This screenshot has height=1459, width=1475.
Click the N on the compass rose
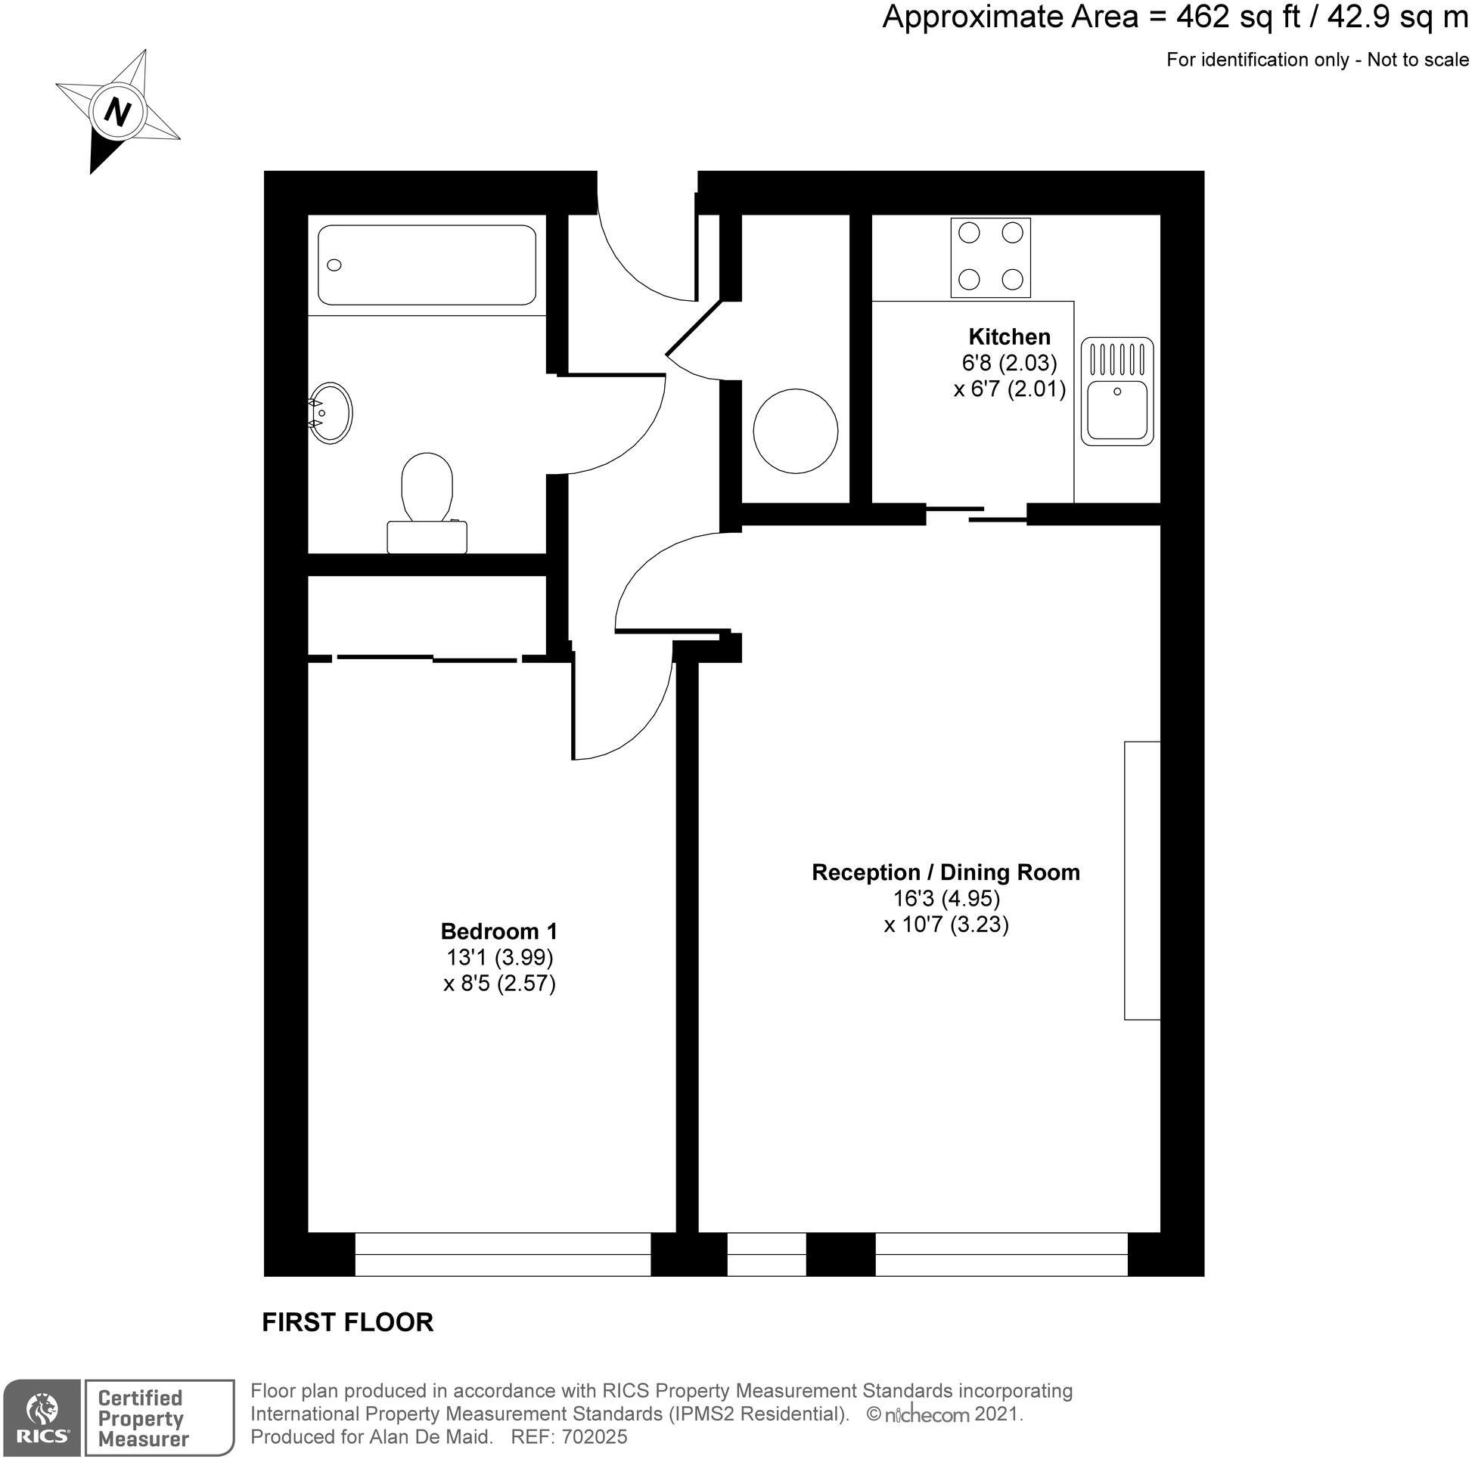[x=116, y=113]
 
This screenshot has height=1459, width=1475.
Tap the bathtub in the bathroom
[x=427, y=265]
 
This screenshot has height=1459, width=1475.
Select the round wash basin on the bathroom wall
[x=331, y=412]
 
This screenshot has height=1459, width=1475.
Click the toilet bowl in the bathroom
[x=427, y=488]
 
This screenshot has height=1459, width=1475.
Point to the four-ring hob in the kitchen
[x=990, y=257]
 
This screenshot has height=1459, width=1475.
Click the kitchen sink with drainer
[x=1117, y=392]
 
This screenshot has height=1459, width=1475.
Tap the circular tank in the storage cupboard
[x=796, y=431]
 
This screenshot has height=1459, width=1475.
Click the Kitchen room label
[x=1009, y=336]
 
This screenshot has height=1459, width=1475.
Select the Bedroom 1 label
[x=498, y=931]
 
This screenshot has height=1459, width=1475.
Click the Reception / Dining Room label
[x=946, y=872]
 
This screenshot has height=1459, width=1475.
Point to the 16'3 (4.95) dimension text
[x=947, y=898]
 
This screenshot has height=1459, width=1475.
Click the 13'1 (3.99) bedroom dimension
[x=499, y=957]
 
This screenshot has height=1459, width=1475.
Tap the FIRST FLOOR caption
[x=347, y=1322]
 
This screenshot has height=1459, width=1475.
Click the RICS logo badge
[x=42, y=1417]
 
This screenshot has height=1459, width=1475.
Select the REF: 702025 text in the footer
[x=569, y=1437]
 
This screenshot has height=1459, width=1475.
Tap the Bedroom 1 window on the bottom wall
[x=502, y=1253]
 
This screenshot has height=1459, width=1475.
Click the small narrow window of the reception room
[x=766, y=1253]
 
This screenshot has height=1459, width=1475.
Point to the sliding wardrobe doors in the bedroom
[x=427, y=658]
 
